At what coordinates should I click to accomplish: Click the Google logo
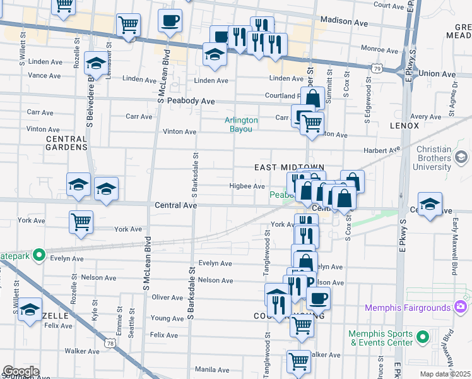click(20, 372)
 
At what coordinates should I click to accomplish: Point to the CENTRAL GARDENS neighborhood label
click(66, 143)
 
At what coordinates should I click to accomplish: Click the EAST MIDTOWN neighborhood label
click(280, 167)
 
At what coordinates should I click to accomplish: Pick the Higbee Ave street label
click(247, 186)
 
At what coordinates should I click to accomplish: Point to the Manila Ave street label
click(212, 369)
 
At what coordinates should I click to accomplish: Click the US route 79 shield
click(376, 67)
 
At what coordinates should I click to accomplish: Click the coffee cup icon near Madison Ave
click(170, 20)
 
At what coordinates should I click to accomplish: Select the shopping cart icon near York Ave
click(81, 222)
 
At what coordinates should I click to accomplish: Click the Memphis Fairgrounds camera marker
click(460, 307)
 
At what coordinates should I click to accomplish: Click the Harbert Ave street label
click(382, 150)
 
